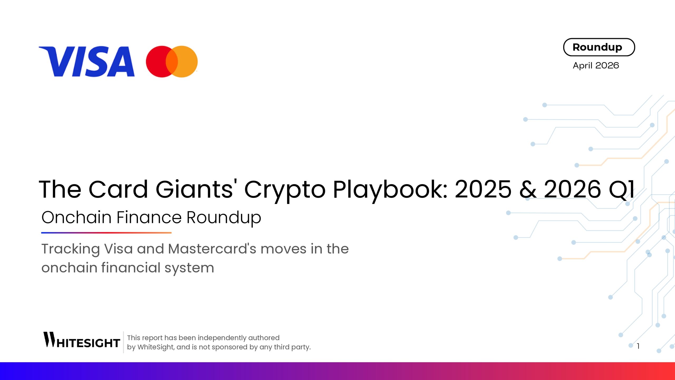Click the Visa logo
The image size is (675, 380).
click(87, 61)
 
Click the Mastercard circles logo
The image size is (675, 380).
click(172, 61)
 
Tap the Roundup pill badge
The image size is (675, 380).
click(599, 47)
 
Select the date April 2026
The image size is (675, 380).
click(596, 65)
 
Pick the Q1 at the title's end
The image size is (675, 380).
click(621, 189)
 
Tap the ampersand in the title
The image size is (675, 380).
click(528, 189)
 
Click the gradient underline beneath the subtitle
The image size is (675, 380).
click(106, 233)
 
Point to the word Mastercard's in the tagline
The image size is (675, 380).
click(212, 249)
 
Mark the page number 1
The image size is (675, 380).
click(638, 346)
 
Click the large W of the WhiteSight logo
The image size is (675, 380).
click(49, 339)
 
